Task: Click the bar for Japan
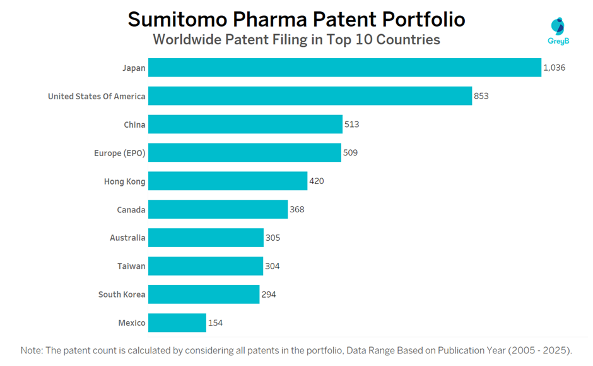tap(344, 68)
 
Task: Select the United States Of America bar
tap(310, 96)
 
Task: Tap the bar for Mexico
tap(177, 322)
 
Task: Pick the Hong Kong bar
tap(228, 181)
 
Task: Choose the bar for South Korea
tap(204, 295)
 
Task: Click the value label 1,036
tap(555, 68)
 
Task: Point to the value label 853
tap(481, 96)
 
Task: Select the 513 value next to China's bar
tap(351, 125)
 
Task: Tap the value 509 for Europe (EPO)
tap(350, 153)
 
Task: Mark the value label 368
tap(297, 209)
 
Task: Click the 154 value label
tap(215, 322)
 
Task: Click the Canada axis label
tap(131, 209)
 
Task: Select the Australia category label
tap(127, 238)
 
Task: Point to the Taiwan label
tap(132, 266)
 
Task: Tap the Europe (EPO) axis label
tap(119, 153)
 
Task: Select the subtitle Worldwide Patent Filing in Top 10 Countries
tap(296, 40)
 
